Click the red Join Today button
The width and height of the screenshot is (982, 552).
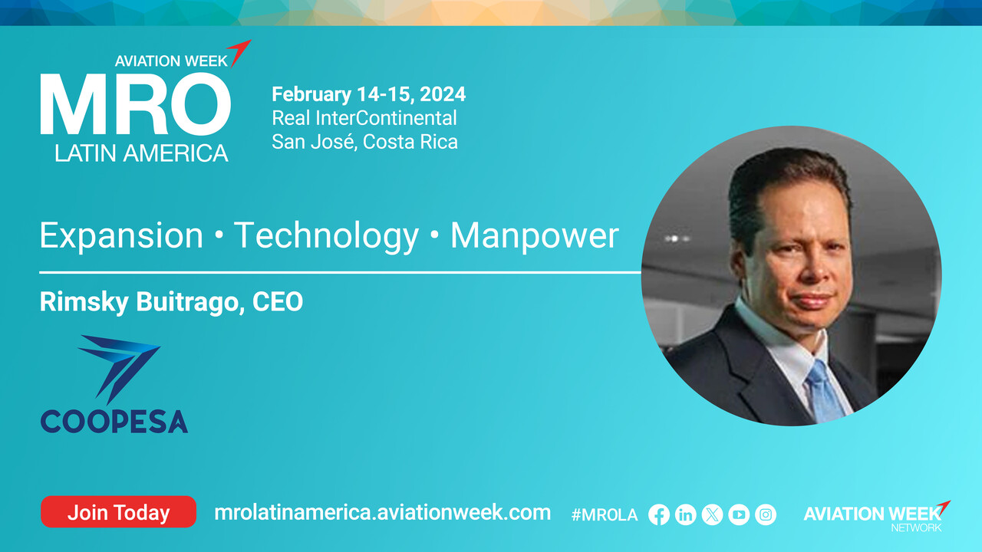(x=118, y=511)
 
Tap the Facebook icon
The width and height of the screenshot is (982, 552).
(x=659, y=514)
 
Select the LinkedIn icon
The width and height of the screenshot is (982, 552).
(x=686, y=514)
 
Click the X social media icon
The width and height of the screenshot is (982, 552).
(x=713, y=514)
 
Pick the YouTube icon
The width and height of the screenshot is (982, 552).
(x=739, y=514)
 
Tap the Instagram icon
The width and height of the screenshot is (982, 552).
(x=766, y=514)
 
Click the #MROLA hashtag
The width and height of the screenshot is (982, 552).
(x=605, y=515)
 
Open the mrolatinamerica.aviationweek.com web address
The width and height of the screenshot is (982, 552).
(x=382, y=513)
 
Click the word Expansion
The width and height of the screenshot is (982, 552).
(x=121, y=236)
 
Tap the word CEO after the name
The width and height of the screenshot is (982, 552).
(x=278, y=301)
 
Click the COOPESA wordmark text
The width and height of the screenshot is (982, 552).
(x=114, y=422)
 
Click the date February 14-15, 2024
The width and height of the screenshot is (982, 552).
(x=369, y=94)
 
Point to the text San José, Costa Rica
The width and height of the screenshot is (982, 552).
(x=364, y=142)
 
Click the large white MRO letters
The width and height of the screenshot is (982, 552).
(x=136, y=104)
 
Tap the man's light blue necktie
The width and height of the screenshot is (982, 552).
(x=823, y=390)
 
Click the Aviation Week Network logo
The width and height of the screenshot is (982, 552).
(x=877, y=516)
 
